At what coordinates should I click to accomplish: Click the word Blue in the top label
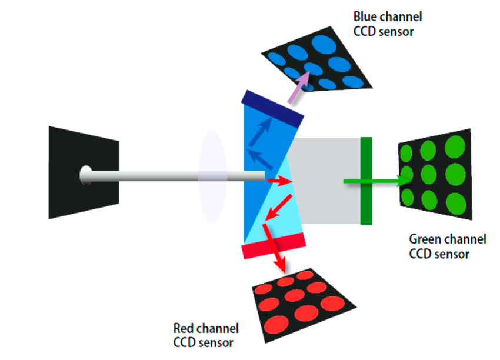coord(364,16)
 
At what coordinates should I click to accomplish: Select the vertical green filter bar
coord(366,181)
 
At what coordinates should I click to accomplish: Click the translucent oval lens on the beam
coord(212,175)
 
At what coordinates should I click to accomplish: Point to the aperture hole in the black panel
coord(86,175)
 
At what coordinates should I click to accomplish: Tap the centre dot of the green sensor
coord(428,174)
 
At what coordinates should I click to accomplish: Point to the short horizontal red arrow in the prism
coord(276,180)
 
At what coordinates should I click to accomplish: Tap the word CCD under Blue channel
coord(364,31)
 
